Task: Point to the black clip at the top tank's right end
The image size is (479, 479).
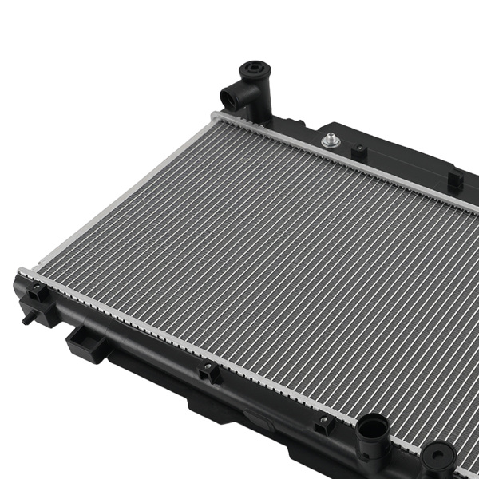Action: [x=455, y=180]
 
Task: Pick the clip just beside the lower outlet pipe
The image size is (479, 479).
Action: [x=323, y=424]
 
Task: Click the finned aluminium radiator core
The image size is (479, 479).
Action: [x=279, y=255]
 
